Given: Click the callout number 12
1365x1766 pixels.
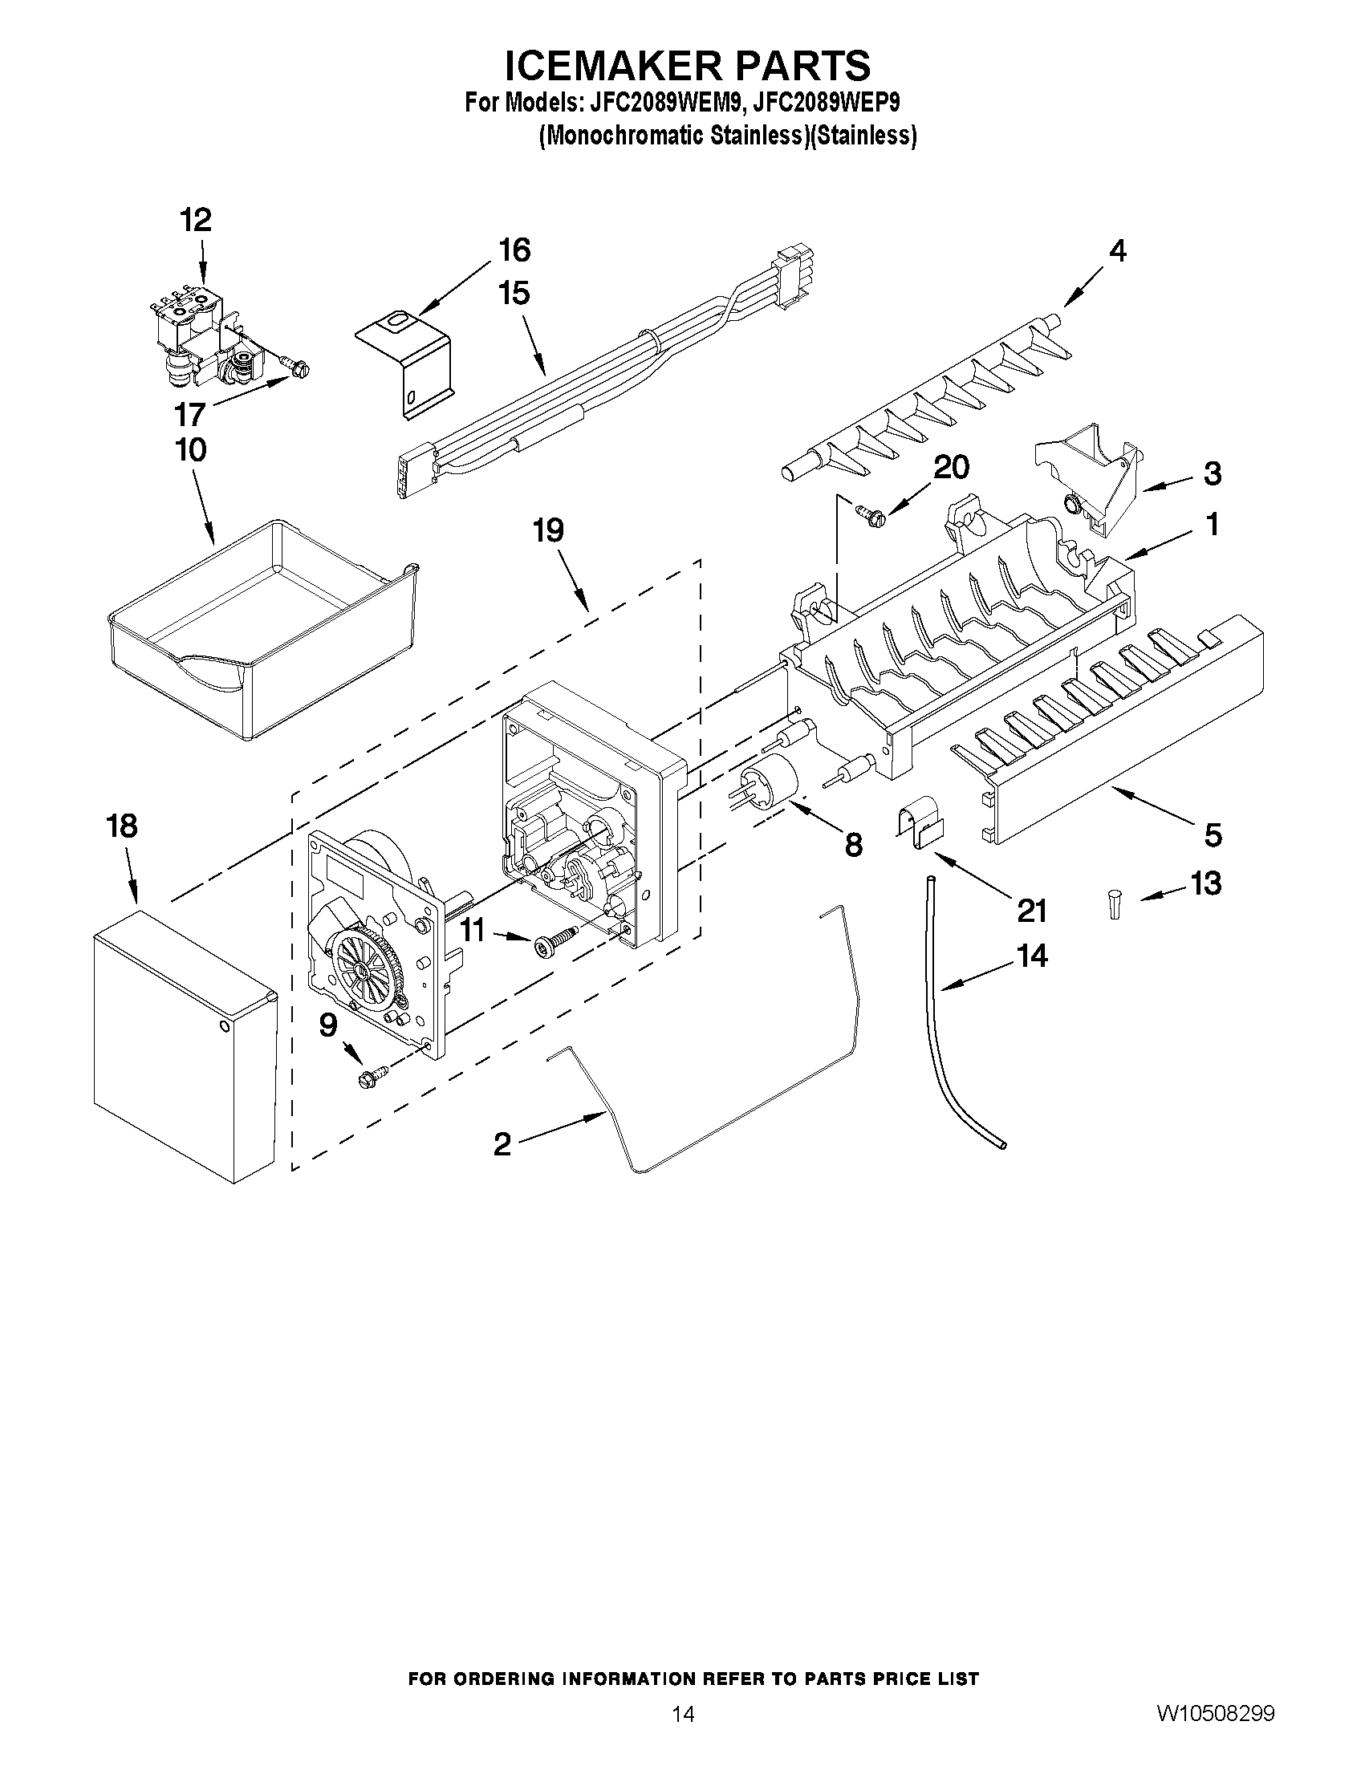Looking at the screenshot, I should pyautogui.click(x=196, y=220).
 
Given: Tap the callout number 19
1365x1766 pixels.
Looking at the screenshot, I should pyautogui.click(x=548, y=531).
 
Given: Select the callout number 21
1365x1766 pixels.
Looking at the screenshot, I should pyautogui.click(x=1032, y=911).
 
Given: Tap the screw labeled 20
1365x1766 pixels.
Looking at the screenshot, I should pyautogui.click(x=868, y=513).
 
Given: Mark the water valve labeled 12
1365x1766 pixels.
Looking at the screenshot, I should pyautogui.click(x=204, y=335).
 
